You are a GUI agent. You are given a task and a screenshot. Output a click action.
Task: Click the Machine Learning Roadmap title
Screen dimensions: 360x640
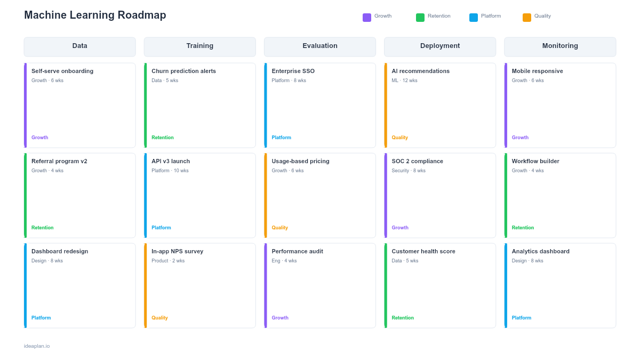(x=95, y=15)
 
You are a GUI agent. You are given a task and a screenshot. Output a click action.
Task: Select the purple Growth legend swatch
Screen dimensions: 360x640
(x=367, y=18)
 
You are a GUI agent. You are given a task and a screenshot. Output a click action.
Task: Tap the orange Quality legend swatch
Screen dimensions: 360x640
(x=527, y=18)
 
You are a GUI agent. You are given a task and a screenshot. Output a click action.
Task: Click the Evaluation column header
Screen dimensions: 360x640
(x=320, y=46)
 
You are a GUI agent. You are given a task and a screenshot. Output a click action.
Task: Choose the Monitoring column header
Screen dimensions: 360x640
(x=560, y=46)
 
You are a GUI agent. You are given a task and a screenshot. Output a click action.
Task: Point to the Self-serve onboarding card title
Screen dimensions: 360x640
(x=62, y=71)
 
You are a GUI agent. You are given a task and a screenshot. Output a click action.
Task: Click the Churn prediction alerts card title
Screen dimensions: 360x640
(x=183, y=71)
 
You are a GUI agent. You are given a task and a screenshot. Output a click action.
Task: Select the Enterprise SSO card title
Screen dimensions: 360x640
(x=293, y=71)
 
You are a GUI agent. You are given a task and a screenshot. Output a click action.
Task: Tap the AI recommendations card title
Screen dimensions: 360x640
(x=420, y=71)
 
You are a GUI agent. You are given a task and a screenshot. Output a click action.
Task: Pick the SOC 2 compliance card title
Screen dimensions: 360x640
(x=417, y=161)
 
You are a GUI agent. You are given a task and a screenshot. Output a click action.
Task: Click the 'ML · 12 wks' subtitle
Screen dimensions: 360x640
(x=404, y=81)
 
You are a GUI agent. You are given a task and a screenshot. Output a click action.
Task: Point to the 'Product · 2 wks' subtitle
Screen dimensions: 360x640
(x=168, y=261)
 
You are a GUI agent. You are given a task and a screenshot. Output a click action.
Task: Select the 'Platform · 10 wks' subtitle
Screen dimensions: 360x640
(x=170, y=171)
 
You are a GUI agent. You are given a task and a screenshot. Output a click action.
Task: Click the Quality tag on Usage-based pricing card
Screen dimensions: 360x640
(x=279, y=228)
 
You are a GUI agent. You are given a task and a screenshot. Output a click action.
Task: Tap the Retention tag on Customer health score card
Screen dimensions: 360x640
(x=403, y=318)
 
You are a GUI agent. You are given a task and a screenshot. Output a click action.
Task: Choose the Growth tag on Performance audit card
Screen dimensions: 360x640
(x=280, y=318)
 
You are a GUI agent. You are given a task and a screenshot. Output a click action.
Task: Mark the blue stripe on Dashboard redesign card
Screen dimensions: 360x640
(x=25, y=285)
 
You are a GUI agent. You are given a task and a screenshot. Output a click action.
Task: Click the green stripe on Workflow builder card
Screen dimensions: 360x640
(x=506, y=195)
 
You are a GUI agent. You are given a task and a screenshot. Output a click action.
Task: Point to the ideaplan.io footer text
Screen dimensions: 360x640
(x=37, y=346)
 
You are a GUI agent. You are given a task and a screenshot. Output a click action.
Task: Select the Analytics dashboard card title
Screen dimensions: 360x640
(x=540, y=251)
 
